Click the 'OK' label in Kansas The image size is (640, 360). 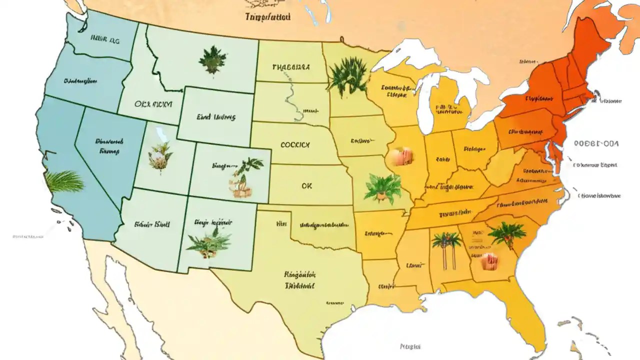(306, 185)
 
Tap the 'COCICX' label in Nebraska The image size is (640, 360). (295, 145)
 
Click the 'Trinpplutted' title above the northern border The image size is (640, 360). (267, 16)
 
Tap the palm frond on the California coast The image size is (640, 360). (64, 181)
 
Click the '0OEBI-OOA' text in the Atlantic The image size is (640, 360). (596, 143)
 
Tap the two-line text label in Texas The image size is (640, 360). (299, 280)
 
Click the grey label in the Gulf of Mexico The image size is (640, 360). (410, 346)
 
